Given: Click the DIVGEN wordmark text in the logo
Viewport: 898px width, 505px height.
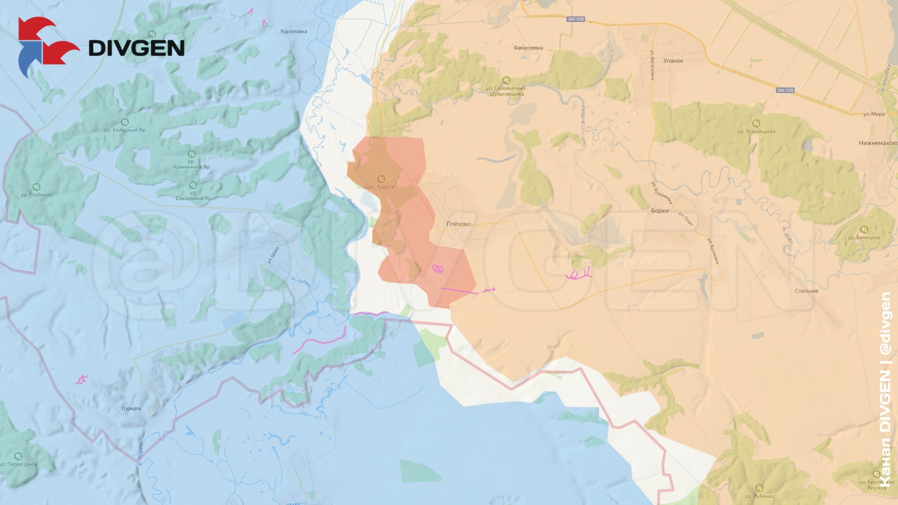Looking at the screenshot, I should (x=136, y=48).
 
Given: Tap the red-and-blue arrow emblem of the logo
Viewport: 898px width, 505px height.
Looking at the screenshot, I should (x=45, y=46).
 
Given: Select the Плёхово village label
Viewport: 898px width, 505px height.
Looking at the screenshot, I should (x=458, y=224).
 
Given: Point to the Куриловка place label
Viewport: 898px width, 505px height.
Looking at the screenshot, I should (x=294, y=31).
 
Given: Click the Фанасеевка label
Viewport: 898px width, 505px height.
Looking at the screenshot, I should (x=528, y=48).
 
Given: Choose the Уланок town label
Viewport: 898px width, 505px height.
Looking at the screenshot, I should (x=673, y=61).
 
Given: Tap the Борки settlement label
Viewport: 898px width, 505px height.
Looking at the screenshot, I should (x=659, y=210).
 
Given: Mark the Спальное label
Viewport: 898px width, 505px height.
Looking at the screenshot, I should (x=806, y=291).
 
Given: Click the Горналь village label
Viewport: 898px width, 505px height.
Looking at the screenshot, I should (x=131, y=408).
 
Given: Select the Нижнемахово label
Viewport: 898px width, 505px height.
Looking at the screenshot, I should (x=878, y=143).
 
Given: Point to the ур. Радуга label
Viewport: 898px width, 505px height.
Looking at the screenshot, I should (x=381, y=187).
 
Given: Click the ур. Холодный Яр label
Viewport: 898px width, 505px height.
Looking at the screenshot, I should (x=124, y=130).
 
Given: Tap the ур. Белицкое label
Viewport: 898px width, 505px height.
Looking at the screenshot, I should (x=864, y=238).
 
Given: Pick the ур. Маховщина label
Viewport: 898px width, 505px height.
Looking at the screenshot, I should (x=756, y=131).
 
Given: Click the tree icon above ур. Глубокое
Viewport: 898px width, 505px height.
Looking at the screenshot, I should (x=37, y=187).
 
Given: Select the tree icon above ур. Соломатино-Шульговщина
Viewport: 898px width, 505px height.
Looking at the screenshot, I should (x=506, y=80).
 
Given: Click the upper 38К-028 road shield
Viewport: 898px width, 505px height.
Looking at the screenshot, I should (x=575, y=19).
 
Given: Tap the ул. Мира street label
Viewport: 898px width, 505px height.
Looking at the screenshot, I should (x=874, y=114).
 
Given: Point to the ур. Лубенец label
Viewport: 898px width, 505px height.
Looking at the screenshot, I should (x=760, y=496).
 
